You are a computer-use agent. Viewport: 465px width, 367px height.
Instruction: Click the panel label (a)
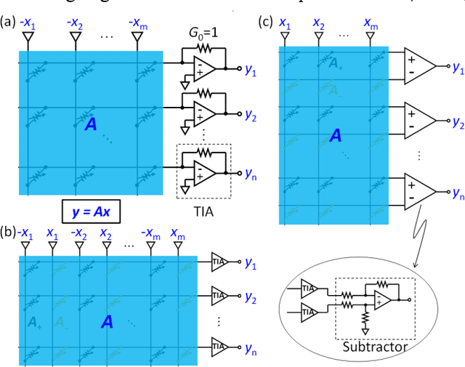pyautogui.click(x=9, y=21)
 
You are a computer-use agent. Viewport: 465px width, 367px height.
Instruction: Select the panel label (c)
pyautogui.click(x=267, y=21)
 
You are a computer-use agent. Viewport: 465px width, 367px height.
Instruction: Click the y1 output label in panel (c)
pyautogui.click(x=458, y=67)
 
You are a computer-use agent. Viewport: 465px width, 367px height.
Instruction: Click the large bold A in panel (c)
pyautogui.click(x=335, y=134)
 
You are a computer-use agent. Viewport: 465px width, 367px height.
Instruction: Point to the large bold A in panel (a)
pyautogui.click(x=90, y=125)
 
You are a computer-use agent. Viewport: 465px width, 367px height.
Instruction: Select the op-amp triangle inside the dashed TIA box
pyautogui.click(x=204, y=172)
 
